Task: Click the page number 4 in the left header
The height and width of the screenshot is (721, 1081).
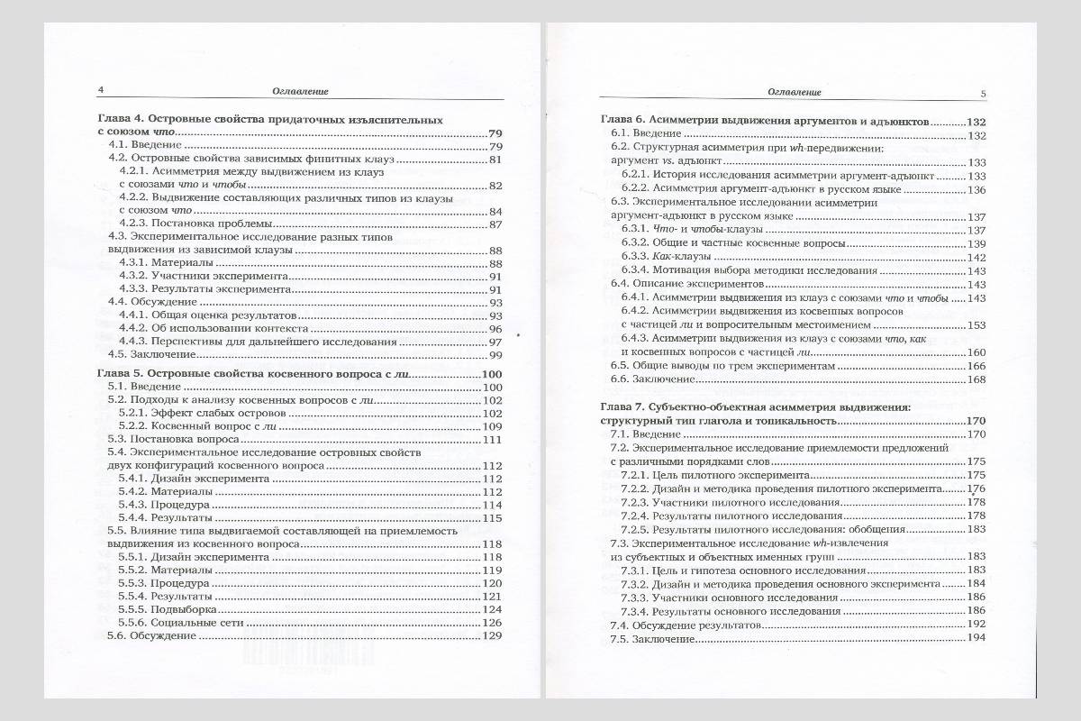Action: [x=101, y=90]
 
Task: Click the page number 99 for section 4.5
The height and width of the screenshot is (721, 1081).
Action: [x=495, y=355]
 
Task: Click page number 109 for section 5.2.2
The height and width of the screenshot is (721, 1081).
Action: [x=492, y=426]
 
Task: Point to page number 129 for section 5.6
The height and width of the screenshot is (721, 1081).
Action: [x=492, y=635]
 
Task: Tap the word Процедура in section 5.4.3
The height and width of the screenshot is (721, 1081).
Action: [x=181, y=505]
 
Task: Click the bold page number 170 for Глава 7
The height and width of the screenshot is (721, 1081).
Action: [x=977, y=421]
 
